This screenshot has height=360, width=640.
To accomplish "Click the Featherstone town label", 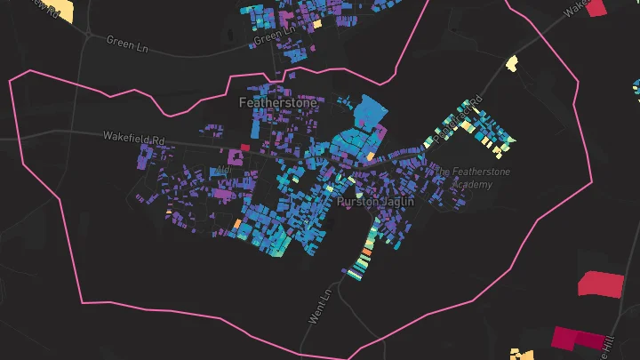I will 277,103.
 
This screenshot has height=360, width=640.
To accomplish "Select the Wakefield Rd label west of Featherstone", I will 134,140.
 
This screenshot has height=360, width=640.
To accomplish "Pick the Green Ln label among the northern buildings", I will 273,37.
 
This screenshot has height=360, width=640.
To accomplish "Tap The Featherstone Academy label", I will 471,177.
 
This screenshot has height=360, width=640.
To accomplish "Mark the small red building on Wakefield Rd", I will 245,148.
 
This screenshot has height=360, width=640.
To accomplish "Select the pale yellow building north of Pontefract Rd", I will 511,63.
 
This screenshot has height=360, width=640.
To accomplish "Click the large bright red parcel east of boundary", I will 601,284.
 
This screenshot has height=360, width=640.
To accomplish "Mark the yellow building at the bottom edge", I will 523,355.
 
